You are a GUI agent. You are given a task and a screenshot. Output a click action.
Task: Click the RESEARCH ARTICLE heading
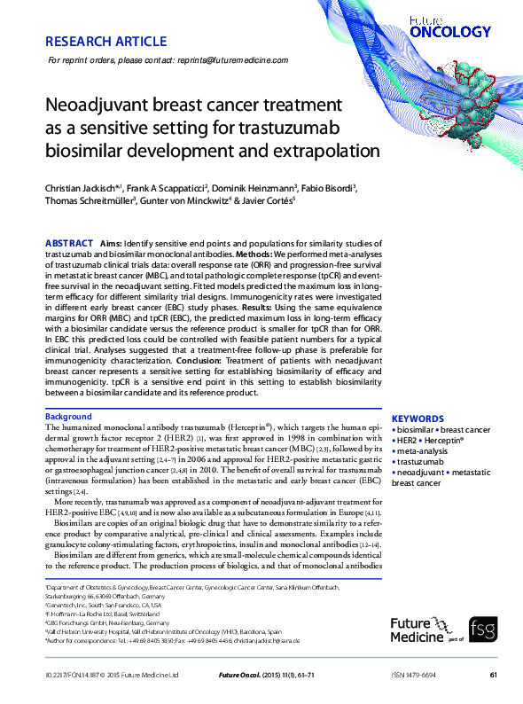(x=105, y=42)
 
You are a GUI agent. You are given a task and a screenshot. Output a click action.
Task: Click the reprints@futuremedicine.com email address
(x=235, y=60)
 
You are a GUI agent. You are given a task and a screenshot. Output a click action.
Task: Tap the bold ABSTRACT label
(x=68, y=243)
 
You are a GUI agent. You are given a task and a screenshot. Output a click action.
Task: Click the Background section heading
(x=68, y=416)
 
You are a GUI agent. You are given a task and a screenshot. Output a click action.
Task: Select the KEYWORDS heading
(x=418, y=418)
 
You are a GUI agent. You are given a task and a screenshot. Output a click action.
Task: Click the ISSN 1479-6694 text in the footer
(x=415, y=675)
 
